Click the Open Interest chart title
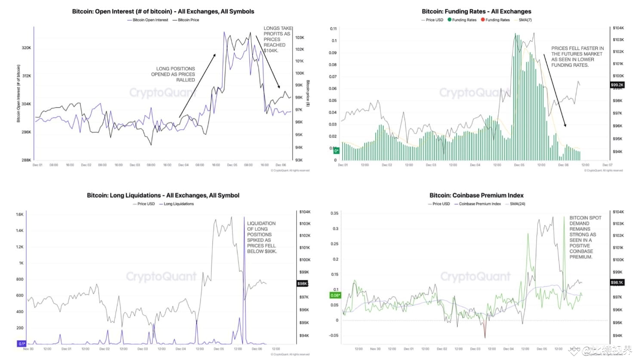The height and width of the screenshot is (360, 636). coord(163,12)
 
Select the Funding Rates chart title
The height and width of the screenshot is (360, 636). coord(476,12)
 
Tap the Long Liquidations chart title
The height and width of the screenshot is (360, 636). coord(163,196)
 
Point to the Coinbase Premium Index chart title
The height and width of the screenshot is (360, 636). coord(476,196)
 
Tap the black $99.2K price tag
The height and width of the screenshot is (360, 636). coord(617,85)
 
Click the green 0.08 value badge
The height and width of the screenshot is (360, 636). coord(335,295)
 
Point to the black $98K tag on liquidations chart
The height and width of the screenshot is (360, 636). coord(302,283)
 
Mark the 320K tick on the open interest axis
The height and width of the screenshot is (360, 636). coord(26,48)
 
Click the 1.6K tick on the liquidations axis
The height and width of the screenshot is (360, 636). coord(20,214)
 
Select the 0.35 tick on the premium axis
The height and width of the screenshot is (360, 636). coord(334,213)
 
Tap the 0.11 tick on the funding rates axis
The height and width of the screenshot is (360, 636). coord(333,29)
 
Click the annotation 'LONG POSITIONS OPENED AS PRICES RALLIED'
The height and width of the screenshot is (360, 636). coord(175,74)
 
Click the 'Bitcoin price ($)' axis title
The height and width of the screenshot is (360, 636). coord(308,93)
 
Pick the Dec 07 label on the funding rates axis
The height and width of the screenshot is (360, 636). coord(607,165)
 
